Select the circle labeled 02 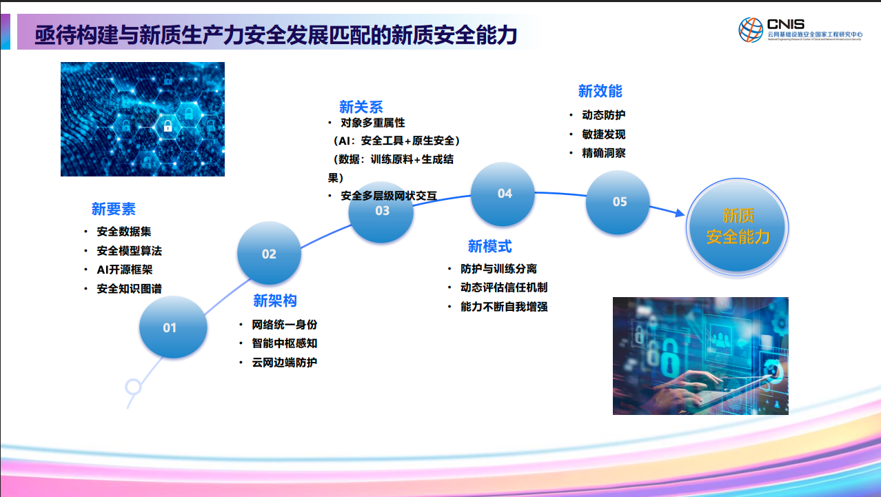[269, 254]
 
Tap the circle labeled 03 [381, 211]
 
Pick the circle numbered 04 [505, 194]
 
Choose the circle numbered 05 [619, 201]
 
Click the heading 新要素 [114, 209]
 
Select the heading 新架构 [275, 301]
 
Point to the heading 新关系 [361, 107]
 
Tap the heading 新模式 [489, 246]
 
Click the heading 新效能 [600, 91]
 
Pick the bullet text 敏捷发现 [604, 134]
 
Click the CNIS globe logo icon [751, 30]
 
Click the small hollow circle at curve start [133, 387]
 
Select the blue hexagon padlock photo [143, 119]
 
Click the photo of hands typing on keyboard [700, 356]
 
